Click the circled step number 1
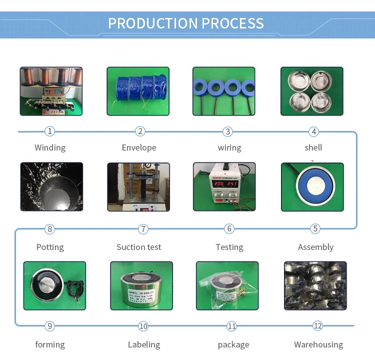[49, 131]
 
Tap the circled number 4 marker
[313, 131]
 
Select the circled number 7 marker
[143, 229]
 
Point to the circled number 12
[318, 326]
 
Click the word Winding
[50, 147]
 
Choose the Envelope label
[139, 147]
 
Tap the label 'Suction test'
[139, 247]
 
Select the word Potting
[50, 247]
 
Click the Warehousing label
[318, 344]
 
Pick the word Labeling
[144, 344]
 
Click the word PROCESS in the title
[232, 23]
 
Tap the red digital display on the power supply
[224, 184]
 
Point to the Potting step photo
[51, 186]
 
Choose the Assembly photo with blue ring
[312, 186]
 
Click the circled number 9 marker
[49, 326]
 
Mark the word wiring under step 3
[229, 147]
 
